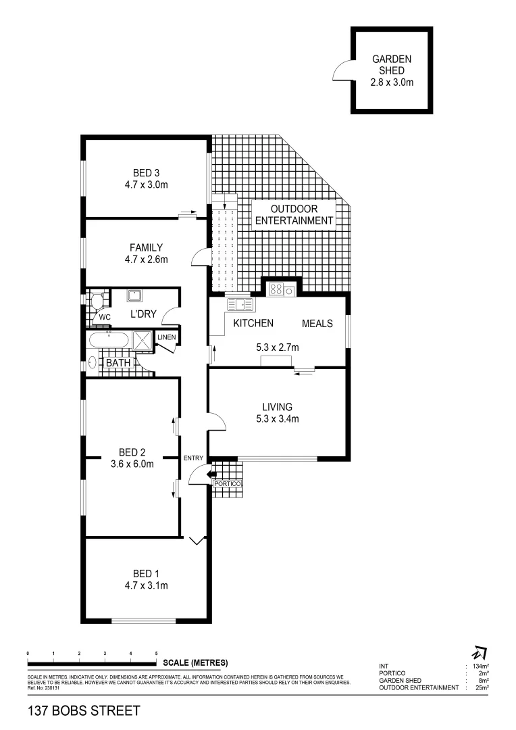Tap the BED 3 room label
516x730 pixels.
click(146, 172)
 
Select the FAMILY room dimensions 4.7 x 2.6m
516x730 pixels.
click(146, 259)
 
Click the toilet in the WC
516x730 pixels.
click(97, 300)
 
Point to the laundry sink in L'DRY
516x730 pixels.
click(134, 295)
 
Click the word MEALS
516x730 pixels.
click(317, 324)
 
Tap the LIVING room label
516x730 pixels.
click(277, 407)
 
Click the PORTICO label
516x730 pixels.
click(226, 484)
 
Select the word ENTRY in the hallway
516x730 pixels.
click(194, 458)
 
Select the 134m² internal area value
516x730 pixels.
click(481, 666)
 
